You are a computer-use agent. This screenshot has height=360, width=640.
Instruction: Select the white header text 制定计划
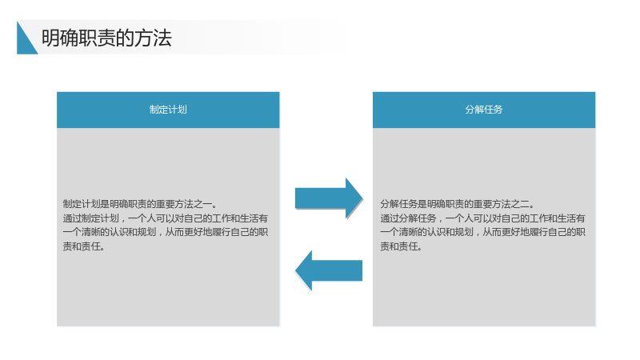pyautogui.click(x=168, y=110)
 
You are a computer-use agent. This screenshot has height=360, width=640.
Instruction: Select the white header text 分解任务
pyautogui.click(x=484, y=110)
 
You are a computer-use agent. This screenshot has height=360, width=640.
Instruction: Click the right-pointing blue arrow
pyautogui.click(x=329, y=198)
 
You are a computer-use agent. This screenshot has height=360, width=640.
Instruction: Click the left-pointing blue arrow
pyautogui.click(x=329, y=270)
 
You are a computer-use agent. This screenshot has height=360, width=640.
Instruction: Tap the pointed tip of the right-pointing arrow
pyautogui.click(x=362, y=198)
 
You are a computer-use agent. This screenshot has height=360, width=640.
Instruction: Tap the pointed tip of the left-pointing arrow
pyautogui.click(x=295, y=270)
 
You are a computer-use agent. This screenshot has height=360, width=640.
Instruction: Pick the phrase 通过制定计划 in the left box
pyautogui.click(x=90, y=218)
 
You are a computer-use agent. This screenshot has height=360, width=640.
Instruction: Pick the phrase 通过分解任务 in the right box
pyautogui.click(x=408, y=218)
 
